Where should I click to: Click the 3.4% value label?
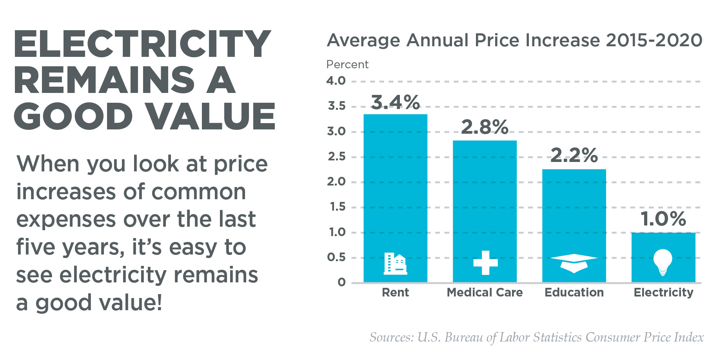pyautogui.click(x=395, y=103)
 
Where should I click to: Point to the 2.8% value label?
pyautogui.click(x=485, y=127)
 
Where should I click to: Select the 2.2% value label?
pyautogui.click(x=574, y=156)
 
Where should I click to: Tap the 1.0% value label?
pyautogui.click(x=663, y=219)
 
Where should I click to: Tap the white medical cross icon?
pyautogui.click(x=485, y=263)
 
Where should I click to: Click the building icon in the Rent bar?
pyautogui.click(x=395, y=263)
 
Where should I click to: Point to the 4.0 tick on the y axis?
pyautogui.click(x=336, y=81)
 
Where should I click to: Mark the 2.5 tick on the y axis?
pyautogui.click(x=336, y=156)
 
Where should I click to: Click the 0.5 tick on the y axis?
pyautogui.click(x=336, y=257)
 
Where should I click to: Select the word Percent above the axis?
pyautogui.click(x=347, y=64)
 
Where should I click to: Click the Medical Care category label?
pyautogui.click(x=485, y=293)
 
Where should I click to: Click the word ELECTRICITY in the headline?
pyautogui.click(x=142, y=44)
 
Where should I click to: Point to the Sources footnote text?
pyautogui.click(x=536, y=337)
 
